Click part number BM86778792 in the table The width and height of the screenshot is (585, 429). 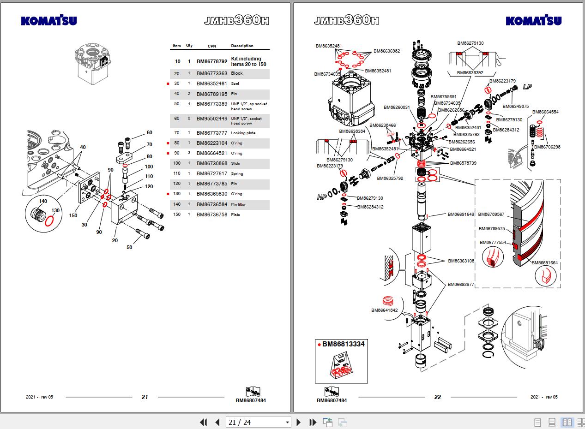(x=212, y=61)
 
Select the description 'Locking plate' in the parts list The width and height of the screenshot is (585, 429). (x=243, y=133)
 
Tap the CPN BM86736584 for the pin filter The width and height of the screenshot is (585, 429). (x=212, y=204)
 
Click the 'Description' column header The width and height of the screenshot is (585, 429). (x=242, y=46)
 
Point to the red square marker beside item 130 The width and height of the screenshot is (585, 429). (x=168, y=194)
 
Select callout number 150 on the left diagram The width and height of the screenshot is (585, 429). (x=73, y=215)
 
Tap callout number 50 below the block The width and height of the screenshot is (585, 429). (x=129, y=247)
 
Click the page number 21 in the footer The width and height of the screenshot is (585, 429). (x=145, y=397)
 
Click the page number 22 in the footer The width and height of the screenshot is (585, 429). (x=438, y=397)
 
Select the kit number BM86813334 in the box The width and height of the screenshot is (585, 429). (x=343, y=344)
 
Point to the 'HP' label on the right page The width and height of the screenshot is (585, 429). (x=322, y=197)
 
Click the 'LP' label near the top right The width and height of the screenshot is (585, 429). (x=527, y=87)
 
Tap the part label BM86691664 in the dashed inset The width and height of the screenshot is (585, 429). (x=544, y=263)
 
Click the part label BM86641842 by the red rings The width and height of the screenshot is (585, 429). (x=384, y=310)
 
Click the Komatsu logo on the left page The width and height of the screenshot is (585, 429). (x=49, y=21)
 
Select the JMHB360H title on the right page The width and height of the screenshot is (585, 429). (x=346, y=20)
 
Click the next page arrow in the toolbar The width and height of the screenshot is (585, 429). (x=298, y=422)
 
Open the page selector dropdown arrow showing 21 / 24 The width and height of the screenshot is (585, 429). (x=287, y=422)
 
